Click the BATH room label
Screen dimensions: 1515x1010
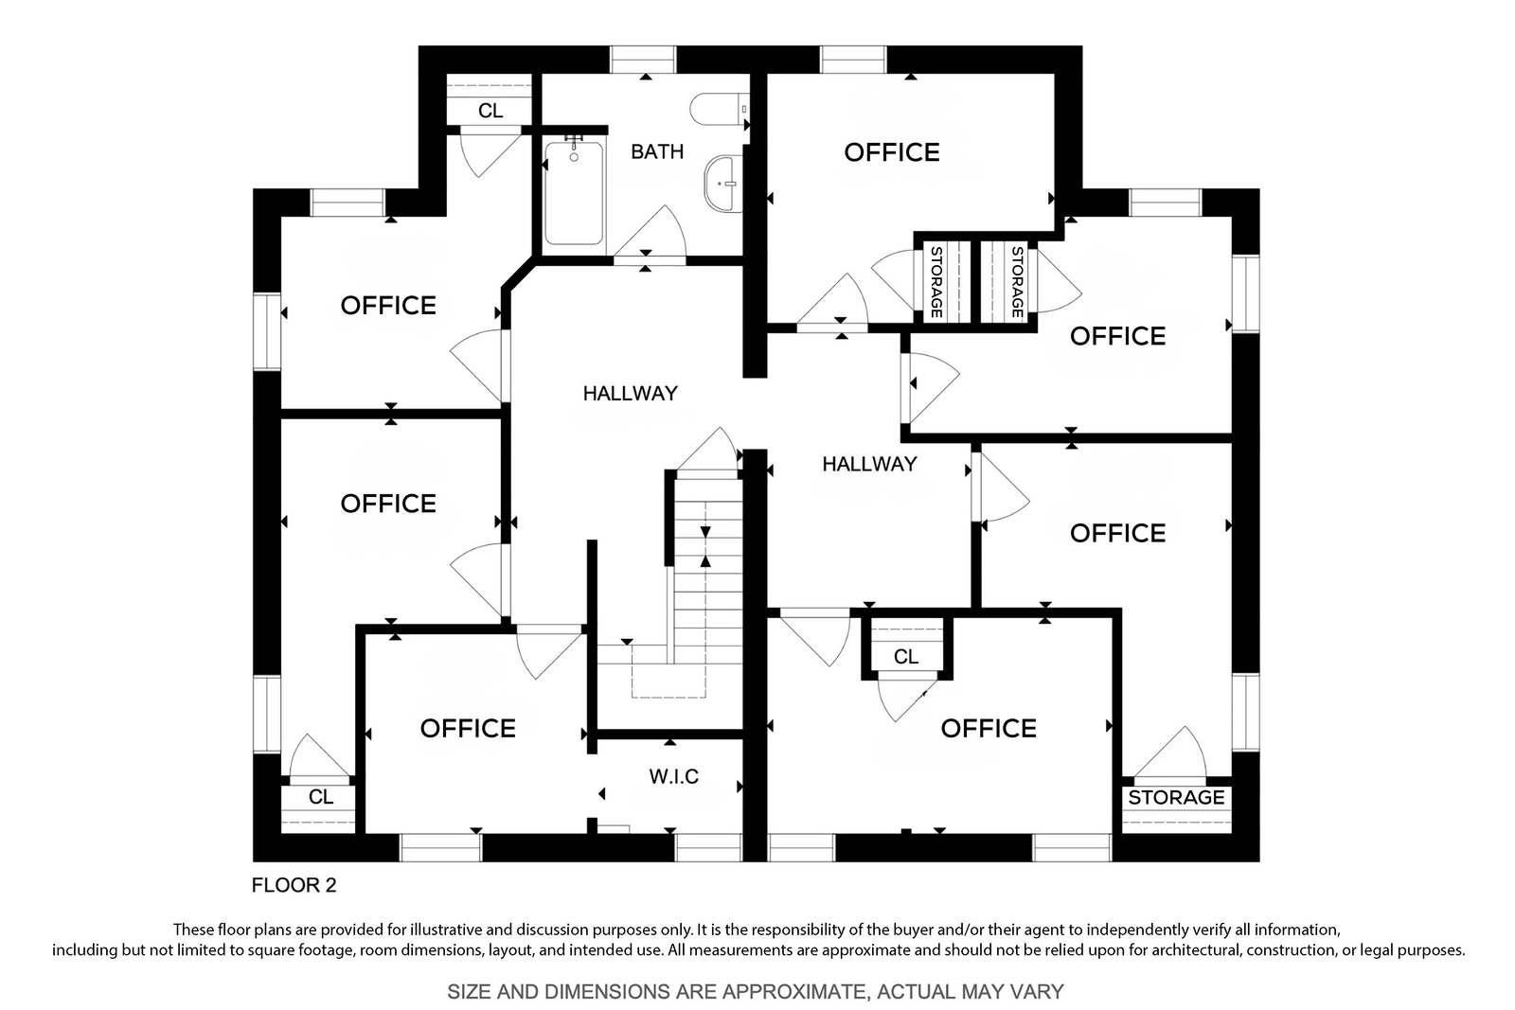(x=657, y=151)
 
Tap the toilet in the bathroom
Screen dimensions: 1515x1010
(x=720, y=109)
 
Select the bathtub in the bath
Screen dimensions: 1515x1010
(x=574, y=193)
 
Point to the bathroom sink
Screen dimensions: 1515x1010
(x=723, y=184)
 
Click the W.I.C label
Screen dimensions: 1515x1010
(x=673, y=777)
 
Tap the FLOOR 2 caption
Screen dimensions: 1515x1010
(x=294, y=885)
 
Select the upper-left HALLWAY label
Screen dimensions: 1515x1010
(x=631, y=394)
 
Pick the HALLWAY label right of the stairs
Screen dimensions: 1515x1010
(x=869, y=464)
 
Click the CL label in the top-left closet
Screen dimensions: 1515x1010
(x=490, y=111)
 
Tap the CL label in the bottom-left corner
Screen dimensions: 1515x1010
(x=321, y=797)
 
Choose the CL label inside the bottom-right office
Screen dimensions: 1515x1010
(x=905, y=656)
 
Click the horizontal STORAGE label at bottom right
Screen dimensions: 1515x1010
(x=1176, y=798)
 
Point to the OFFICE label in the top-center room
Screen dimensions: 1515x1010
(x=891, y=152)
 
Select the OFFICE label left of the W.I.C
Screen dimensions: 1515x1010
(x=468, y=729)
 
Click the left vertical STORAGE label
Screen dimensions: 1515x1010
(x=936, y=282)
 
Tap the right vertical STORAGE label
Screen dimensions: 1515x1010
(x=1017, y=282)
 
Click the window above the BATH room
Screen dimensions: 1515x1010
(x=643, y=60)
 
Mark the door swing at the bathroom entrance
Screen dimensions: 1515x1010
(x=650, y=231)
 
